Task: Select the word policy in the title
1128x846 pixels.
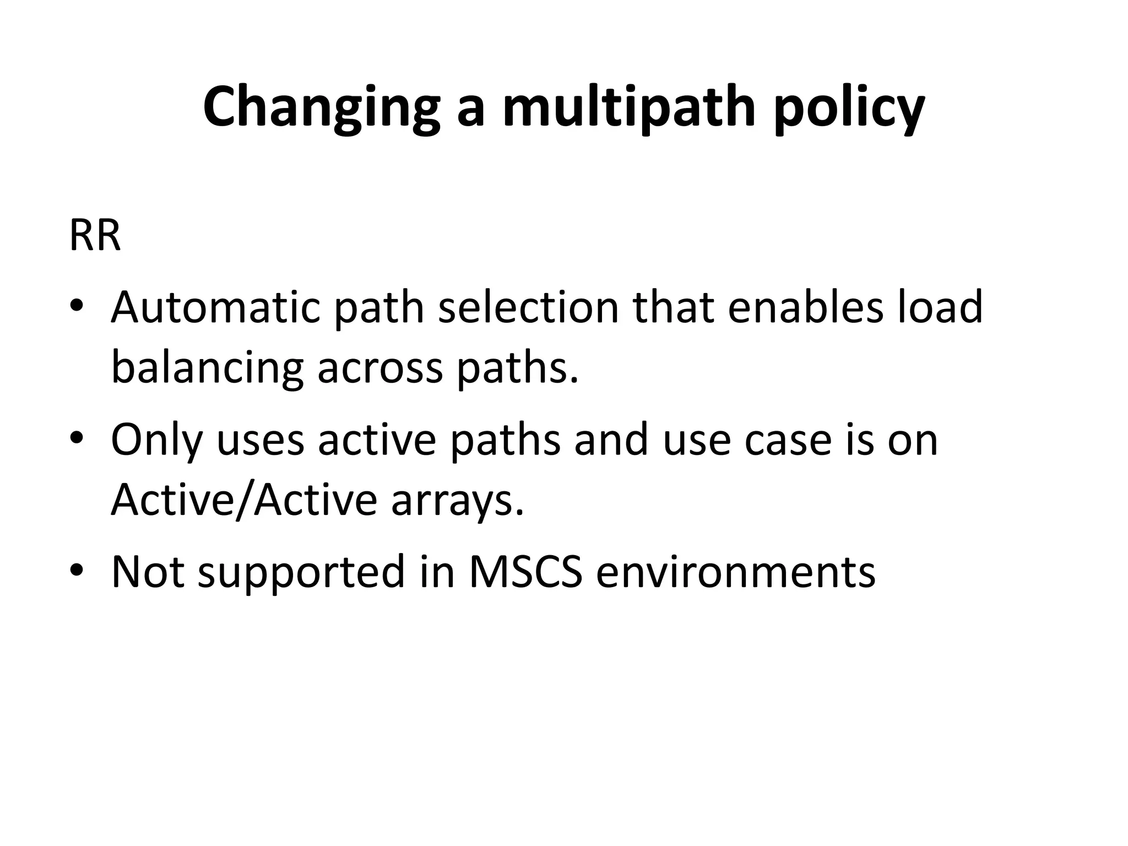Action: tap(849, 107)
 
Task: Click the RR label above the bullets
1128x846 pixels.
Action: tap(95, 235)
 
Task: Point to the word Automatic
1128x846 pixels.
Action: tap(215, 307)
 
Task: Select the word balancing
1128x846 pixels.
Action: tap(207, 368)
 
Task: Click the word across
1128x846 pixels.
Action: tap(380, 368)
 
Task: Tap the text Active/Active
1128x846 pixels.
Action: tap(244, 500)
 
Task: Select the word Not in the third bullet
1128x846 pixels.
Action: tap(148, 572)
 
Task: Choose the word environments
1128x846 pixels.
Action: tap(736, 572)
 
